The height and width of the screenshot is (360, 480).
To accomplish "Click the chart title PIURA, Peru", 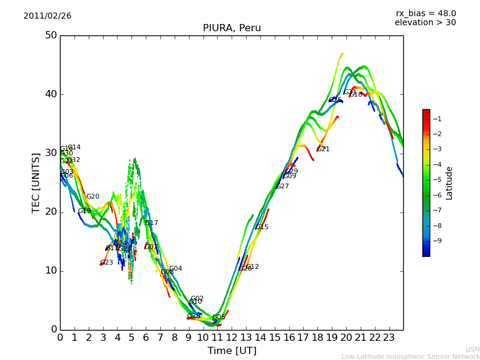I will pyautogui.click(x=232, y=28).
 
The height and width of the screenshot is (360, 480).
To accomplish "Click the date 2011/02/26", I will pyautogui.click(x=47, y=16).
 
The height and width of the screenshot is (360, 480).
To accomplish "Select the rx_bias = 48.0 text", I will pyautogui.click(x=425, y=13).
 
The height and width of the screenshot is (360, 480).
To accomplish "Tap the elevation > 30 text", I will pyautogui.click(x=425, y=23).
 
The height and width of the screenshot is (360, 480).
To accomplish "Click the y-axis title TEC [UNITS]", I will pyautogui.click(x=36, y=182).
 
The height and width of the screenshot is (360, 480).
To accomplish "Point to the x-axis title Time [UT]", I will pyautogui.click(x=232, y=351).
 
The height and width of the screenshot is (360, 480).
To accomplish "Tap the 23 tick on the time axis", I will pyautogui.click(x=389, y=337).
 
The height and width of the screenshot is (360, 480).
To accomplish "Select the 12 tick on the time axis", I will pyautogui.click(x=232, y=337).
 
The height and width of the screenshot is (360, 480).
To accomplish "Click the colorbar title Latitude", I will pyautogui.click(x=449, y=183).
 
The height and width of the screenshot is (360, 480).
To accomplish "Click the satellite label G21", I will pyautogui.click(x=323, y=149).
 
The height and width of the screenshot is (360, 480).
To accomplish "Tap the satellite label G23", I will pyautogui.click(x=106, y=263).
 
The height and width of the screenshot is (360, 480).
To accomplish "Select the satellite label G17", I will pyautogui.click(x=152, y=223).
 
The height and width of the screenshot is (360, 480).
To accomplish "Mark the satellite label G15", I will pyautogui.click(x=262, y=227).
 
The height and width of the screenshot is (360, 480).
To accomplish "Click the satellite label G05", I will pyautogui.click(x=219, y=317).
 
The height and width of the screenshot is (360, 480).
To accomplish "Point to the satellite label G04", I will pyautogui.click(x=175, y=269).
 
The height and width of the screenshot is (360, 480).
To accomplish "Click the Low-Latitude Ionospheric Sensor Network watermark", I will pyautogui.click(x=410, y=356).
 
